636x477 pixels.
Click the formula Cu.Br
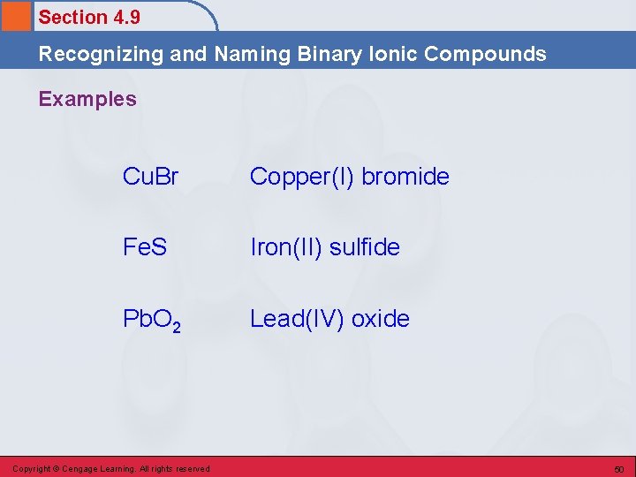pyautogui.click(x=151, y=177)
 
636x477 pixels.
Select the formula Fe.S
pyautogui.click(x=146, y=247)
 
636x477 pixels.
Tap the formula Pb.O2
pyautogui.click(x=152, y=320)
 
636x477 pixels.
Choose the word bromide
pyautogui.click(x=405, y=177)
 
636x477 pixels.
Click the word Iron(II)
pyautogui.click(x=286, y=248)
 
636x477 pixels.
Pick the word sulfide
pyautogui.click(x=365, y=247)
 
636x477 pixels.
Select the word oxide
pyautogui.click(x=381, y=318)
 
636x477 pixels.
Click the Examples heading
pyautogui.click(x=87, y=99)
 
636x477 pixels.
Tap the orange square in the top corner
pyautogui.click(x=15, y=15)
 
